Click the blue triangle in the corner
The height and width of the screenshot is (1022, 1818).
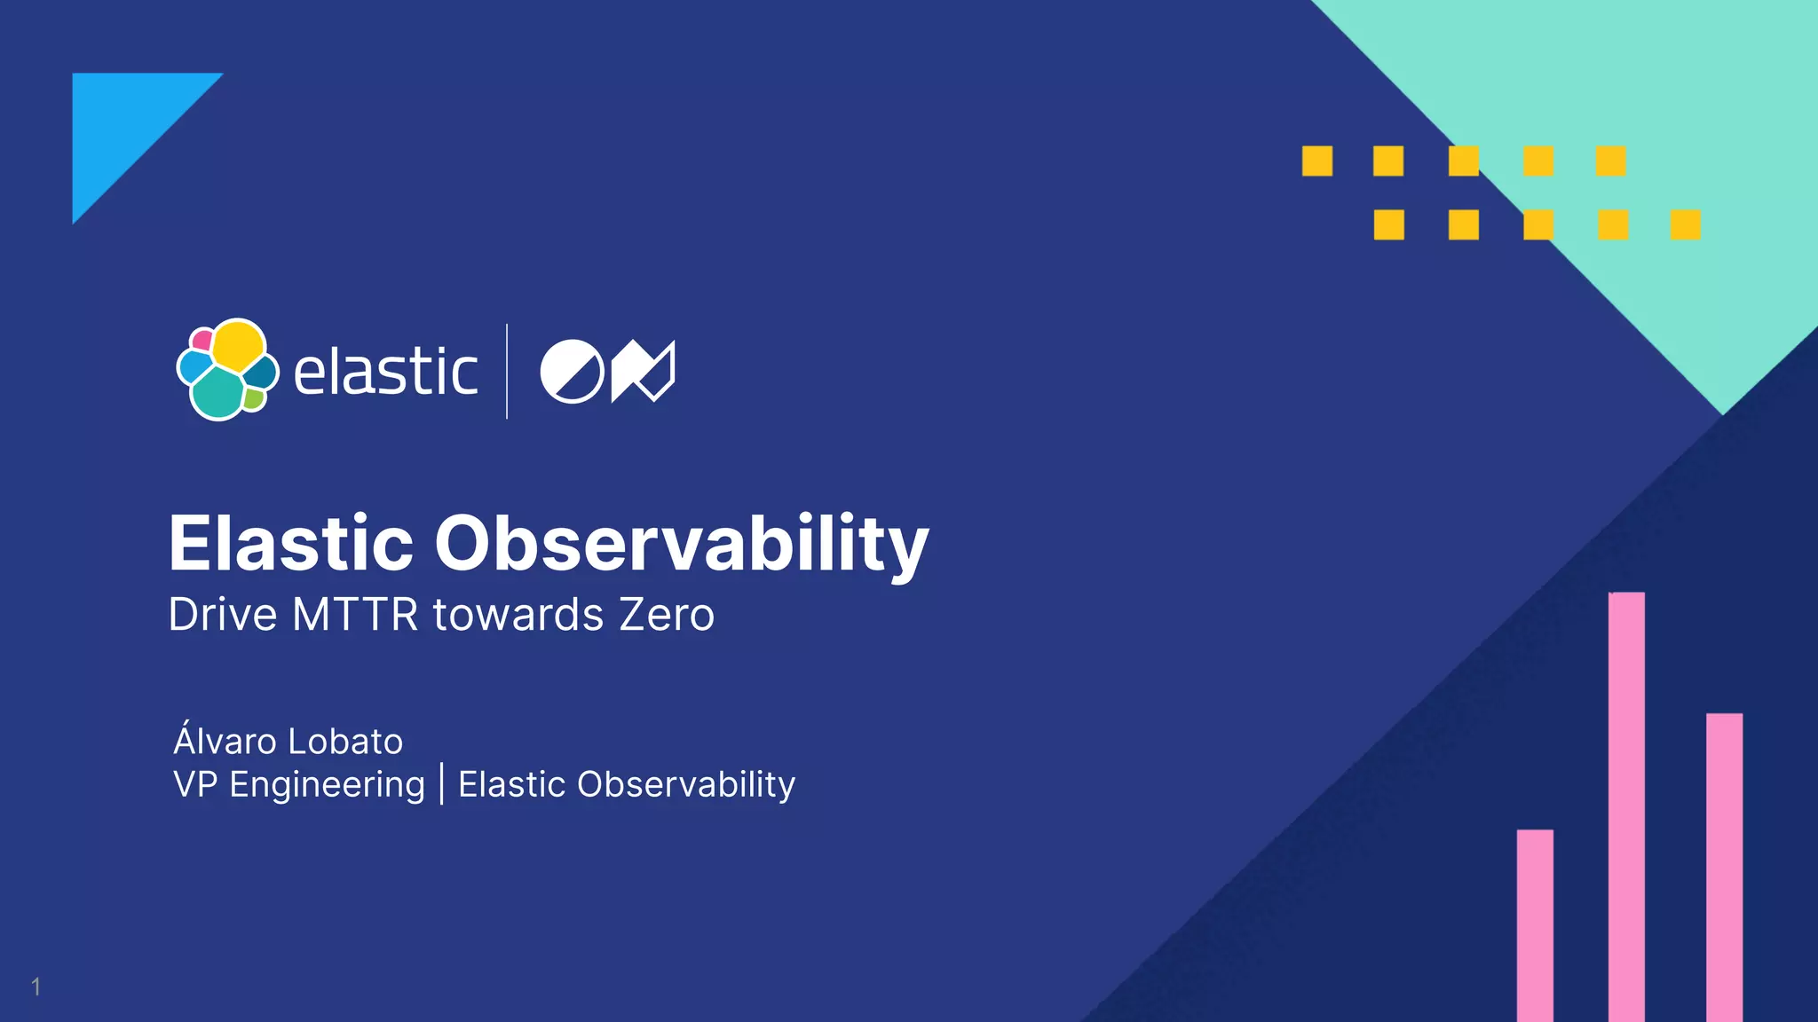[124, 124]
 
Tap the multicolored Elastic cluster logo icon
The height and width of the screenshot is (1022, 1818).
[227, 369]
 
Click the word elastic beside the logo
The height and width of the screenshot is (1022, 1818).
[385, 372]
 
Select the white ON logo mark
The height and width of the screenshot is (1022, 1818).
[607, 371]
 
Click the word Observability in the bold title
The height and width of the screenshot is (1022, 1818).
[681, 543]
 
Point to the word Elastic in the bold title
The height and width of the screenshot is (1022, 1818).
[291, 543]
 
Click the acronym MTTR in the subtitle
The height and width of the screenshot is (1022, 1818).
[355, 615]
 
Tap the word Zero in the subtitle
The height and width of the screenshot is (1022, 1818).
[666, 615]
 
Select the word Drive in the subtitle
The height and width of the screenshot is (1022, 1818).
[223, 615]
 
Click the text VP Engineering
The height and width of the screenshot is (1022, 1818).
[299, 784]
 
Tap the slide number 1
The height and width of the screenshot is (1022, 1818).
[36, 987]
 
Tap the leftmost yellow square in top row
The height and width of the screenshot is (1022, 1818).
[1317, 161]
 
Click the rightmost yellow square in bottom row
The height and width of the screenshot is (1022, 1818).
[1685, 224]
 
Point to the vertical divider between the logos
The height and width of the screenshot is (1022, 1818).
[507, 371]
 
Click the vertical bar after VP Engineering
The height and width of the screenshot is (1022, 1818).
[441, 784]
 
